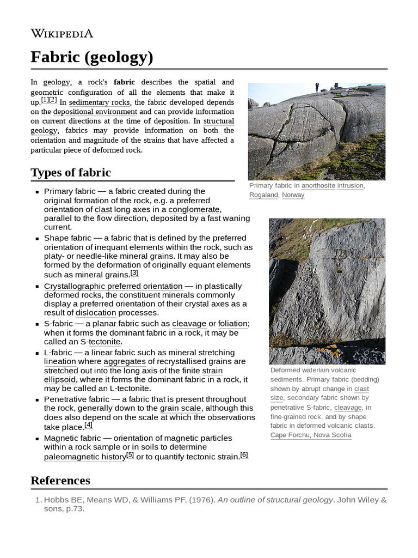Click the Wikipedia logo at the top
pyautogui.click(x=62, y=34)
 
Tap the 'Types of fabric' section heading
pyautogui.click(x=70, y=173)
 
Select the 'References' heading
pyautogui.click(x=60, y=480)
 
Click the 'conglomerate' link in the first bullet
pyautogui.click(x=194, y=209)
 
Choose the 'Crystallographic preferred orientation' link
pyautogui.click(x=113, y=286)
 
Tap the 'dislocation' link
pyautogui.click(x=96, y=313)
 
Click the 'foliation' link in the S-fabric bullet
pyautogui.click(x=232, y=324)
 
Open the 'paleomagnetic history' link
pyautogui.click(x=84, y=457)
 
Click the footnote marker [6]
pyautogui.click(x=244, y=455)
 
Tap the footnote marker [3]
pyautogui.click(x=134, y=273)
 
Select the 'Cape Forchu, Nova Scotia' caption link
pyautogui.click(x=310, y=435)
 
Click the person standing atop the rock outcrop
pyautogui.click(x=317, y=87)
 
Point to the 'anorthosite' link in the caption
pyautogui.click(x=318, y=186)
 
